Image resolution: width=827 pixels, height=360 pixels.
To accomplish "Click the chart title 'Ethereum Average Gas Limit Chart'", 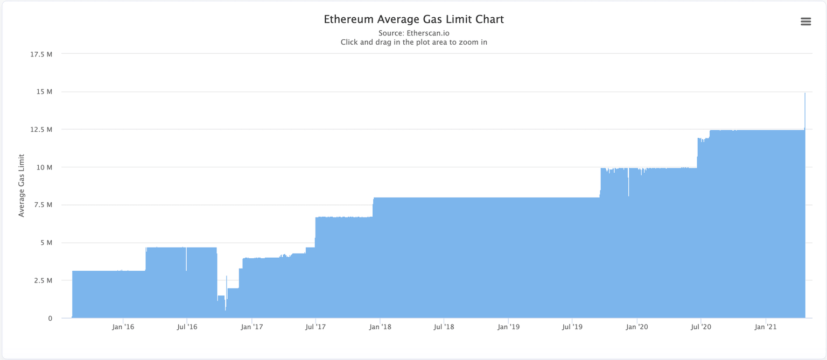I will tap(413, 19).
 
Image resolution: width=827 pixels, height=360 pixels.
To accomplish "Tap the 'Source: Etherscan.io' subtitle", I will tap(413, 33).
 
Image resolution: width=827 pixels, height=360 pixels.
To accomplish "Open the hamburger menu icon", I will tap(805, 22).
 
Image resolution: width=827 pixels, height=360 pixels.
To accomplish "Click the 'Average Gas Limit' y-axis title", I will tap(22, 186).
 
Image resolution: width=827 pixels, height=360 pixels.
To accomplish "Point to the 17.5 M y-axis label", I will tap(41, 54).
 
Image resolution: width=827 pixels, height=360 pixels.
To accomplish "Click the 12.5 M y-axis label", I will tap(41, 130).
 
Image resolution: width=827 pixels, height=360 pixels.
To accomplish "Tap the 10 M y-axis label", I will tap(44, 167).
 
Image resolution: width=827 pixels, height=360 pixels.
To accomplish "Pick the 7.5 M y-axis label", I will tap(43, 205).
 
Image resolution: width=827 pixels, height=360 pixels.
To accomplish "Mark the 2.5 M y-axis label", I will tap(43, 280).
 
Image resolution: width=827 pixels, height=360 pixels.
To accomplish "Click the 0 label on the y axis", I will tap(50, 318).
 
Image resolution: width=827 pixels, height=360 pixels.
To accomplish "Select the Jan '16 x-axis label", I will tap(123, 327).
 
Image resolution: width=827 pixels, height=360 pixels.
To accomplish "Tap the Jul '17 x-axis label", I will tap(316, 327).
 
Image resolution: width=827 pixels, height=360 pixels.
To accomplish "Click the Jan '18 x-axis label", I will tap(380, 327).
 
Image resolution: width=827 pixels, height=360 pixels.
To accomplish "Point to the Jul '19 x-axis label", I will tap(572, 327).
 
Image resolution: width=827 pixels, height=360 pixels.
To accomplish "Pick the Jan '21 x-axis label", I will tap(765, 327).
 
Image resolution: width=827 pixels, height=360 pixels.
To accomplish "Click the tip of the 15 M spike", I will tap(805, 94).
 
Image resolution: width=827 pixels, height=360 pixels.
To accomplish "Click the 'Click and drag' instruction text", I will tap(413, 42).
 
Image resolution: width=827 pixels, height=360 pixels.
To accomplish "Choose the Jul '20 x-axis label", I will tap(700, 327).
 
